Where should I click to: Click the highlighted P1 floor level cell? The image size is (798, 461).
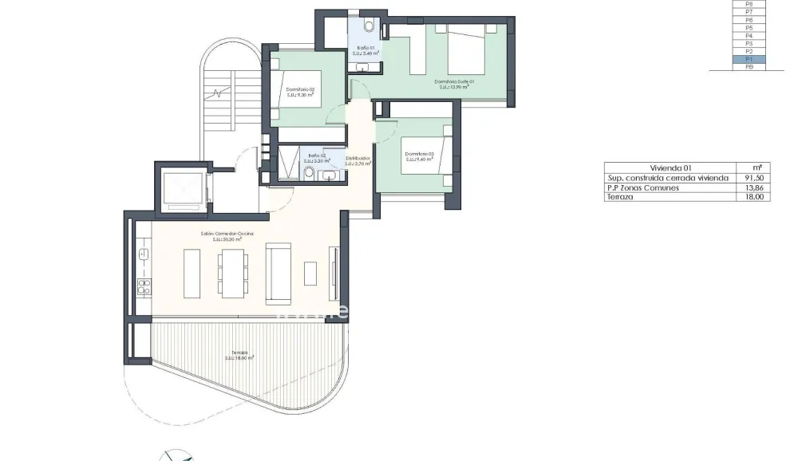(749, 60)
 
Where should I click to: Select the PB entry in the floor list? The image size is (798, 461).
(749, 68)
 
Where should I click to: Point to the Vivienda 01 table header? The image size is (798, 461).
(670, 168)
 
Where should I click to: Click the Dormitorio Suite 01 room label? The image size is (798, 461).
(454, 81)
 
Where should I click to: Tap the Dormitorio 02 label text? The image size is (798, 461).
(300, 89)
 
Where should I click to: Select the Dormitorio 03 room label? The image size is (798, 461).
(419, 154)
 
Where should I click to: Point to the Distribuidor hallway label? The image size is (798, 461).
(358, 159)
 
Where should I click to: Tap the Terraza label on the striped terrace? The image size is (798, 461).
(239, 353)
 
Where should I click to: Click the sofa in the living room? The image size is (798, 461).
(279, 273)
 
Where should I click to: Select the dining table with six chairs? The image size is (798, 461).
(233, 273)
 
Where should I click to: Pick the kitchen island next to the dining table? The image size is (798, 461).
(192, 273)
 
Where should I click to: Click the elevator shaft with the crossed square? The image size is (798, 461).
(184, 190)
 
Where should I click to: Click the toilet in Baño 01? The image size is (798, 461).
(368, 26)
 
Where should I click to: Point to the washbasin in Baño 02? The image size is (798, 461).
(330, 175)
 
